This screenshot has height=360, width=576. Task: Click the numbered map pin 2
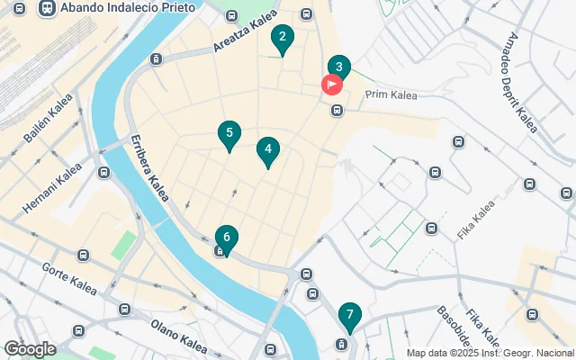coord(283,38)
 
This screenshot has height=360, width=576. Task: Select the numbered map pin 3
coord(338,67)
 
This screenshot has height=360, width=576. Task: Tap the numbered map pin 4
coord(268,149)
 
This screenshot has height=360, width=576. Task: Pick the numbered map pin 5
coord(229,134)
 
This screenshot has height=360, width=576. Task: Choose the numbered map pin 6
coord(226,238)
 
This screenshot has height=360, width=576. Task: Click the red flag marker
coord(331,85)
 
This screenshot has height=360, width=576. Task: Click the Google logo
coord(29,349)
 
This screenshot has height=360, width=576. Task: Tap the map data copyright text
coord(490,353)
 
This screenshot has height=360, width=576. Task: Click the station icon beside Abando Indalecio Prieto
coord(45,7)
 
